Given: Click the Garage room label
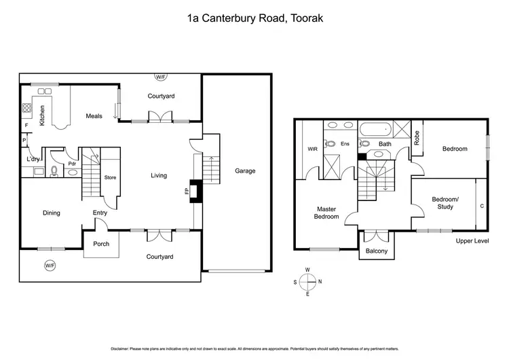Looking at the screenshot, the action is pyautogui.click(x=245, y=171).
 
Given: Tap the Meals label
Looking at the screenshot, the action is pyautogui.click(x=94, y=116).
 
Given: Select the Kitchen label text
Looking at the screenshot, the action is pyautogui.click(x=42, y=116).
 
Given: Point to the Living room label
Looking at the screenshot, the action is pyautogui.click(x=159, y=176).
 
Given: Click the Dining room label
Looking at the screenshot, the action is pyautogui.click(x=52, y=213).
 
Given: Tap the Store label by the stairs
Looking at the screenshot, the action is pyautogui.click(x=110, y=178).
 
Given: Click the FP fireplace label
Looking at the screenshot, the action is pyautogui.click(x=187, y=191).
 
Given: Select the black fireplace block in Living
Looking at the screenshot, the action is pyautogui.click(x=195, y=191).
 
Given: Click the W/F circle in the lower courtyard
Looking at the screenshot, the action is pyautogui.click(x=50, y=265).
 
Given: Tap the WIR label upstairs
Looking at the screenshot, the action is pyautogui.click(x=312, y=148).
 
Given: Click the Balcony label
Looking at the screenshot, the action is pyautogui.click(x=377, y=251).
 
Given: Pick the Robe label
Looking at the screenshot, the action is pyautogui.click(x=417, y=139).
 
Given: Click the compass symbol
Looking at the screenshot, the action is pyautogui.click(x=307, y=280).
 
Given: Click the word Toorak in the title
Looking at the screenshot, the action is pyautogui.click(x=304, y=20).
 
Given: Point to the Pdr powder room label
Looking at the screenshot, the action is pyautogui.click(x=71, y=164).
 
